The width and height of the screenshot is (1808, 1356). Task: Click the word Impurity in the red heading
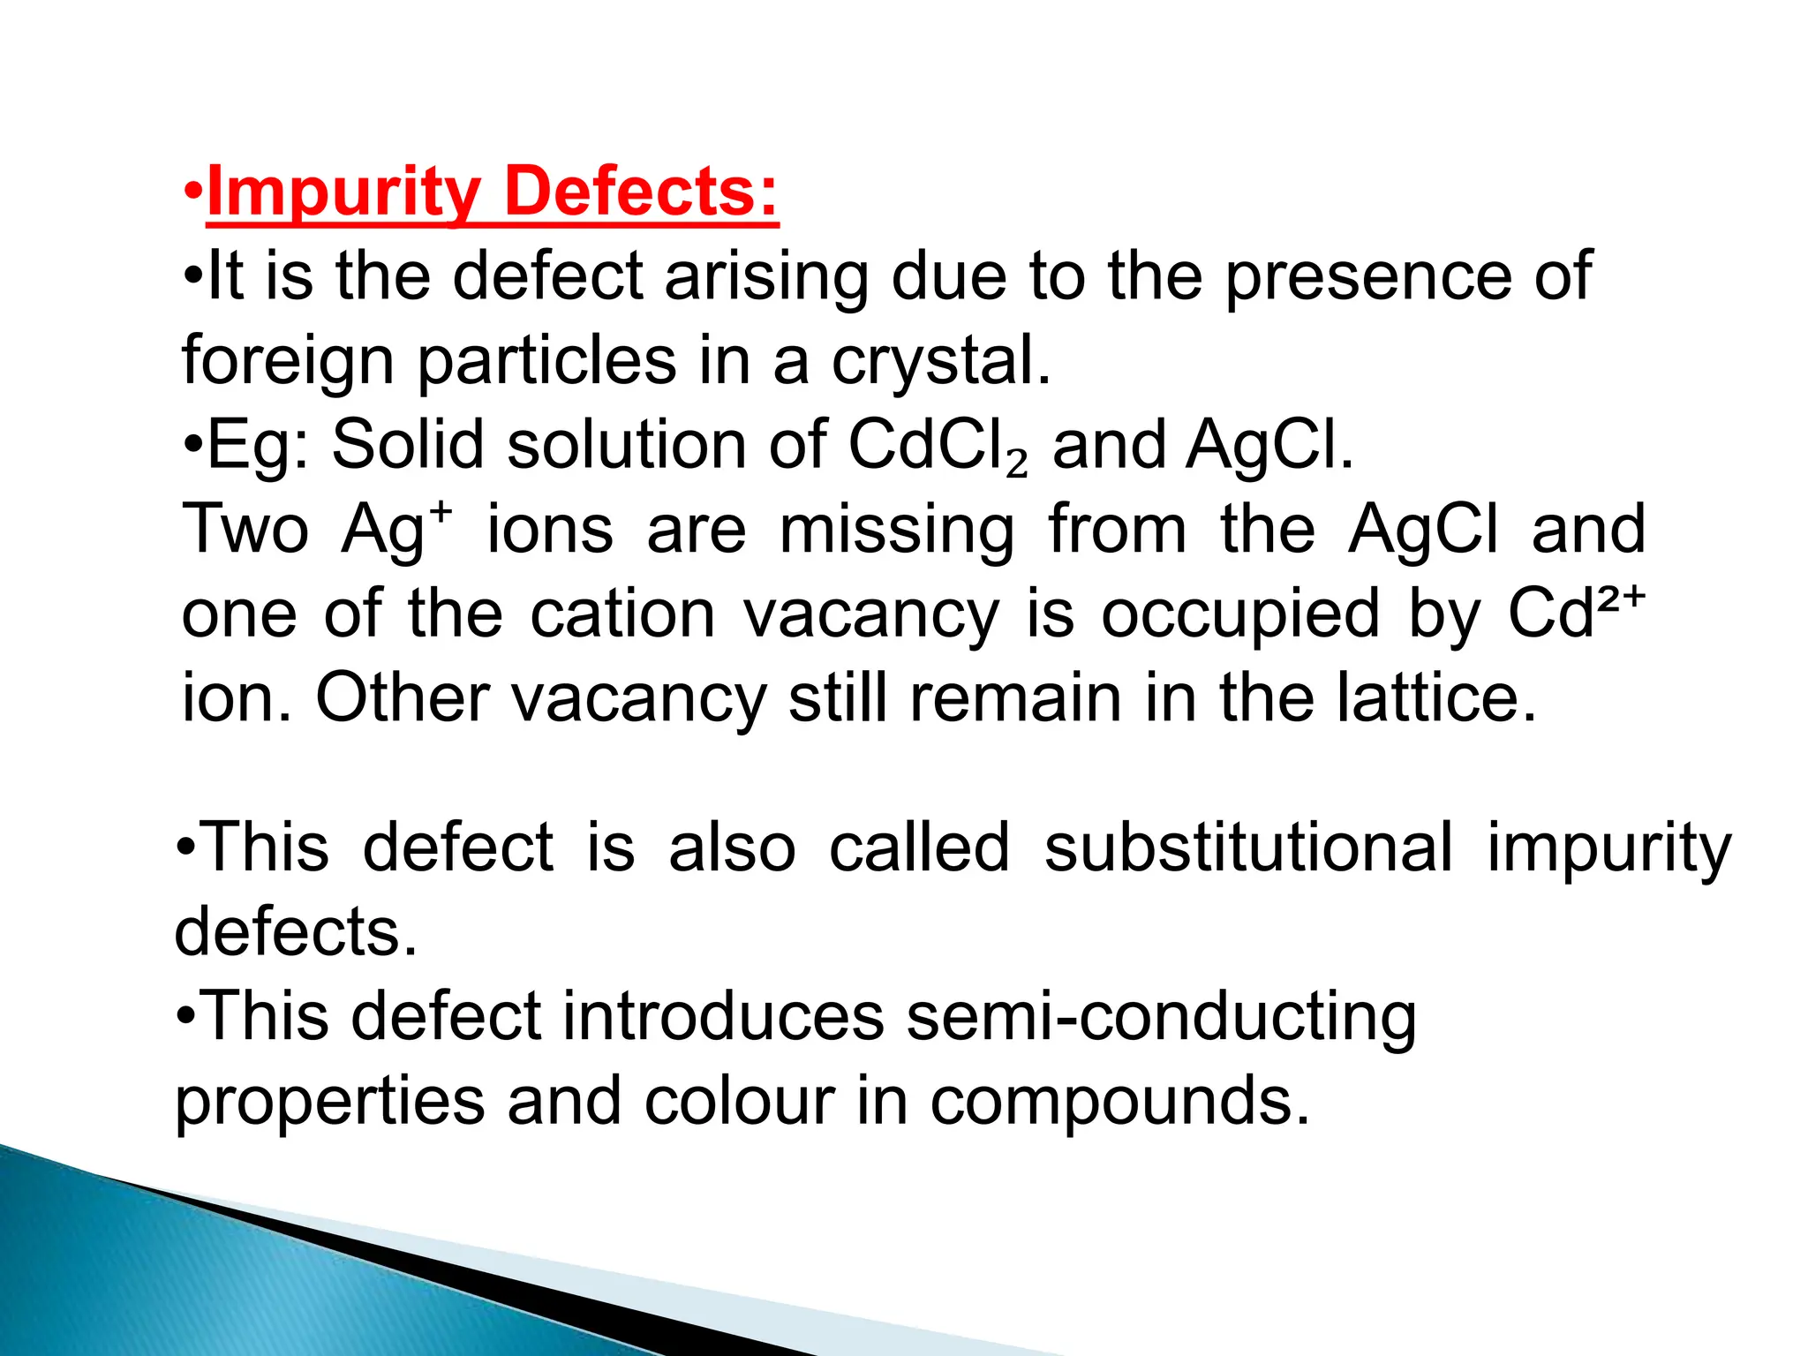(343, 192)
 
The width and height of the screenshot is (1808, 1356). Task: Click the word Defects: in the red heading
(642, 192)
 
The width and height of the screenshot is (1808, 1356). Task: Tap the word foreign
(287, 361)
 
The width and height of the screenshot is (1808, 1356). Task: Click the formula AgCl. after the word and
(1269, 446)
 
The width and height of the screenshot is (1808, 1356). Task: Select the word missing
(897, 530)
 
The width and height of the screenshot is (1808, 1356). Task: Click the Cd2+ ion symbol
(1577, 614)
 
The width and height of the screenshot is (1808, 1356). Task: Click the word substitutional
(1247, 847)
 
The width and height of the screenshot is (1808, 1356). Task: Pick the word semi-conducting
(1162, 1016)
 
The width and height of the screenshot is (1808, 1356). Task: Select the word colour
(739, 1101)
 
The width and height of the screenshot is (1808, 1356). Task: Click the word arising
(766, 276)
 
